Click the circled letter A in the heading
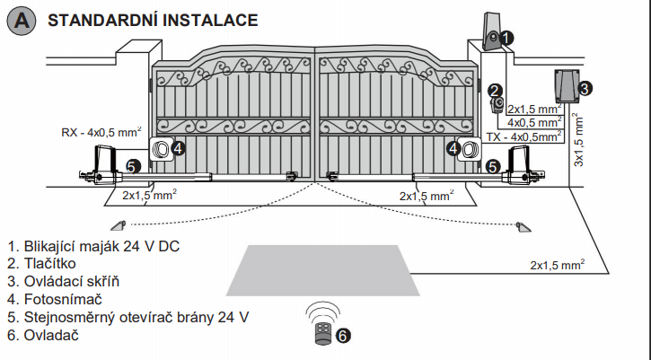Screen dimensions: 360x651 click(21, 22)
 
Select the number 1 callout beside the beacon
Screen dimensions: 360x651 click(507, 38)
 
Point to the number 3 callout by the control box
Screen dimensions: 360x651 click(584, 88)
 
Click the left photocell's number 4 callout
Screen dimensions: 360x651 click(178, 148)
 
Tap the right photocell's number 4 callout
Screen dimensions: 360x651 click(453, 148)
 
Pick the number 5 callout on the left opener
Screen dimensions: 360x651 click(131, 166)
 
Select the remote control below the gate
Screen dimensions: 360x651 click(322, 333)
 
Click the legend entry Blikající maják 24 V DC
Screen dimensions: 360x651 click(93, 246)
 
